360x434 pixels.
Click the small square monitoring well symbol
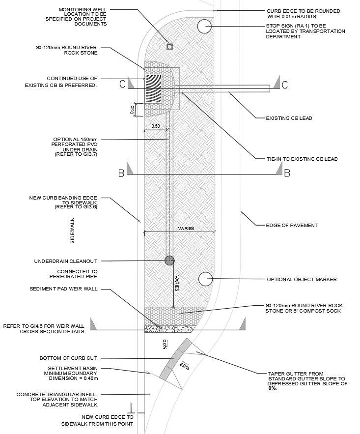pos(169,47)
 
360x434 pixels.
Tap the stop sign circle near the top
pos(204,27)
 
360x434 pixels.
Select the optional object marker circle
pos(206,279)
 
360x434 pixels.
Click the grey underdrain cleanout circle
pos(170,260)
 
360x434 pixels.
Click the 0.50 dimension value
pos(155,126)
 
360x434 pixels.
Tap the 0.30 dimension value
pos(132,110)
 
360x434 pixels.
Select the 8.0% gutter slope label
pos(185,366)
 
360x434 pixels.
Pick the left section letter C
pos(122,84)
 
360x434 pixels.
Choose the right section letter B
pos(287,174)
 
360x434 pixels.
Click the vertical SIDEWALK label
pos(73,231)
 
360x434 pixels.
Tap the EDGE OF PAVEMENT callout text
pos(292,225)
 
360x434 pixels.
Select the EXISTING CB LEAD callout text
pos(289,118)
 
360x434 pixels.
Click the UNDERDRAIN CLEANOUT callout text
pos(66,261)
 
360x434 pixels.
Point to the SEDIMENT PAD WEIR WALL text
pos(63,289)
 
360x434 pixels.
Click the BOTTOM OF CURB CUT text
pos(69,358)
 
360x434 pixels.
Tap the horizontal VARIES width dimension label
pos(186,229)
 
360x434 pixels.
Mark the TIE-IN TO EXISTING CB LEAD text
pos(302,159)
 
